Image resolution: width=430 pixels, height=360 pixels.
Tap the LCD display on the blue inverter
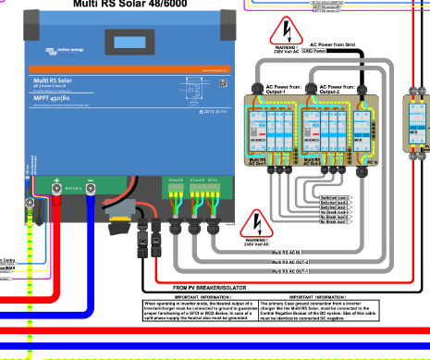(x=124, y=43)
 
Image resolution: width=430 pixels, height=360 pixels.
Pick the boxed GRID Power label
(x=339, y=52)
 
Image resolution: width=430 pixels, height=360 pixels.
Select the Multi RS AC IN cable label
(x=289, y=252)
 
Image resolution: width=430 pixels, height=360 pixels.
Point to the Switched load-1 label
(x=335, y=198)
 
